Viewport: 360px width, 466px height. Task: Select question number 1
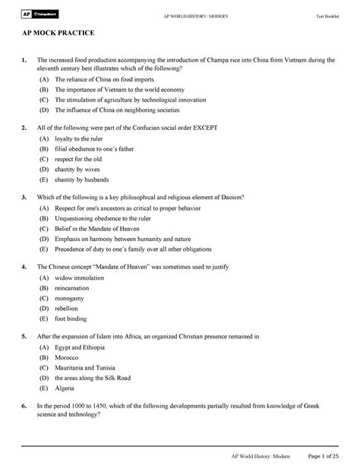(x=24, y=60)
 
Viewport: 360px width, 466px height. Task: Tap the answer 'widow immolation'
(x=80, y=279)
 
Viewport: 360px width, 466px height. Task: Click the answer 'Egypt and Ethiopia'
(x=86, y=348)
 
